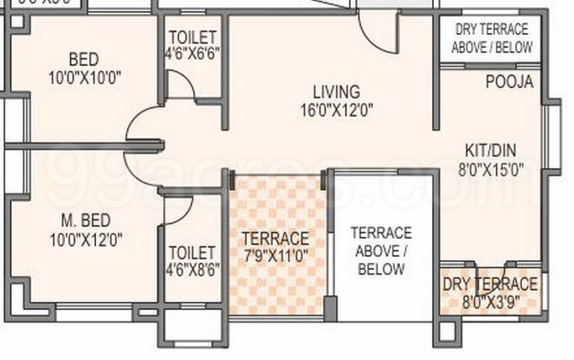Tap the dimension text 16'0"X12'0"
[x=337, y=110]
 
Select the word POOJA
[x=509, y=82]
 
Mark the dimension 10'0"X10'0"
[x=83, y=77]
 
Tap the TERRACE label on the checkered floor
[x=274, y=238]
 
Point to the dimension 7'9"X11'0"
[x=274, y=256]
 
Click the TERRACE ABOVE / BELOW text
[x=381, y=251]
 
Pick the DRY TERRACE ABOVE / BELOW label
[x=493, y=39]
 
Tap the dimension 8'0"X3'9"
[x=490, y=302]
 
